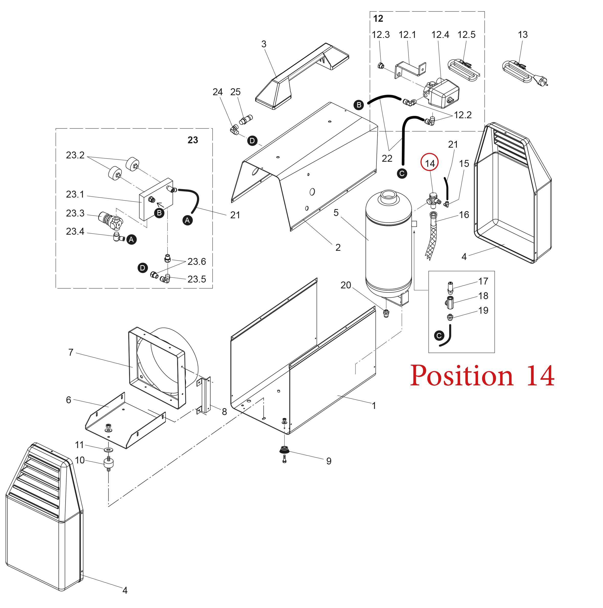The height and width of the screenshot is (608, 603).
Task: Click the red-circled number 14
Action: [x=429, y=163]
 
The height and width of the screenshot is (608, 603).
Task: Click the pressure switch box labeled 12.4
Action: [x=444, y=93]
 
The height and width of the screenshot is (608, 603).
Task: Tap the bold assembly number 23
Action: [x=193, y=140]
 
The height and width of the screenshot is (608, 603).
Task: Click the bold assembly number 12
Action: [x=378, y=19]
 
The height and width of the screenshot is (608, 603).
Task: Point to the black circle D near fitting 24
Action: [x=252, y=141]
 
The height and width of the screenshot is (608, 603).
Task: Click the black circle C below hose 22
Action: [x=402, y=173]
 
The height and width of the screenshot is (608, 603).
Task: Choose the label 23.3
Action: [x=75, y=213]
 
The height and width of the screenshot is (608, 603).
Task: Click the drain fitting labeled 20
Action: [x=386, y=313]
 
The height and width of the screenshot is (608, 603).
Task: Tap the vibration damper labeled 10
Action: [x=108, y=464]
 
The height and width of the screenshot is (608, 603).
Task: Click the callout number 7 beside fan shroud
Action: [x=71, y=352]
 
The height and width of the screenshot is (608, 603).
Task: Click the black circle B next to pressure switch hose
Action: [x=359, y=105]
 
